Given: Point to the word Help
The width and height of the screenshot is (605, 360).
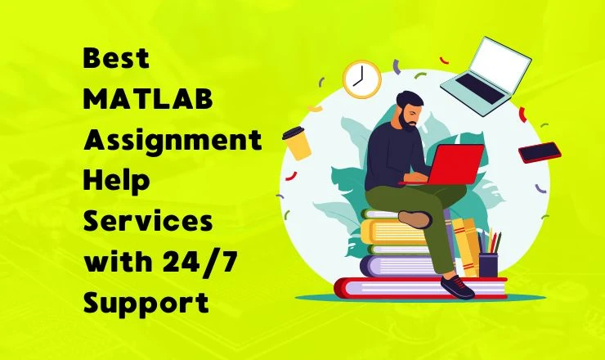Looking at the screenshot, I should pyautogui.click(x=114, y=181).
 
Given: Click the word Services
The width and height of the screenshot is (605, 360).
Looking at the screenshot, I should pyautogui.click(x=148, y=221).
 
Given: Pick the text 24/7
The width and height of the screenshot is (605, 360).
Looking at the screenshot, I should pyautogui.click(x=193, y=262).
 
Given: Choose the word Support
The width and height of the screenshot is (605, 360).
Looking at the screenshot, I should pyautogui.click(x=146, y=302).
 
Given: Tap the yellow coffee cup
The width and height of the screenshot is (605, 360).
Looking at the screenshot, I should pyautogui.click(x=297, y=143).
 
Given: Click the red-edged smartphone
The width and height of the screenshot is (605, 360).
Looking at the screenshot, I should pyautogui.click(x=540, y=152).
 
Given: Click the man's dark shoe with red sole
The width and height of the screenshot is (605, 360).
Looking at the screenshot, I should pyautogui.click(x=458, y=286).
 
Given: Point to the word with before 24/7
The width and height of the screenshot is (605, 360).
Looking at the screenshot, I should pyautogui.click(x=115, y=262).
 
